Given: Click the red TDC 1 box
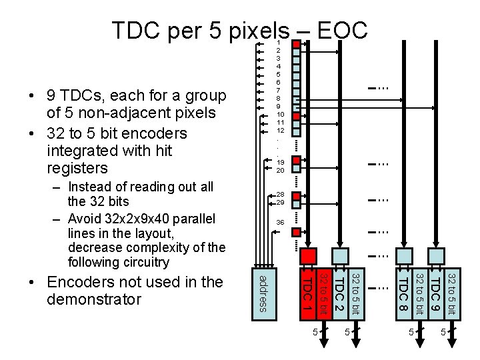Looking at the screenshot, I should click(307, 291).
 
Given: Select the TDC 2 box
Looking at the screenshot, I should click(340, 291).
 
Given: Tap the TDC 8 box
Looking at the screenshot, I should click(404, 291).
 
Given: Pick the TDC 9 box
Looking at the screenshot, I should click(435, 291).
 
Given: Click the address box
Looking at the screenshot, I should click(263, 291).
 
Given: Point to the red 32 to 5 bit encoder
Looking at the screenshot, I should click(323, 291).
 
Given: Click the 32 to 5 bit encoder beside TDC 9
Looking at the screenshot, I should click(451, 291).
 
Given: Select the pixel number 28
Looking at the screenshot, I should click(281, 195).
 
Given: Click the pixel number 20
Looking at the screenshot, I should click(281, 170).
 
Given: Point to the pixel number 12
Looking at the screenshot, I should click(281, 131).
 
